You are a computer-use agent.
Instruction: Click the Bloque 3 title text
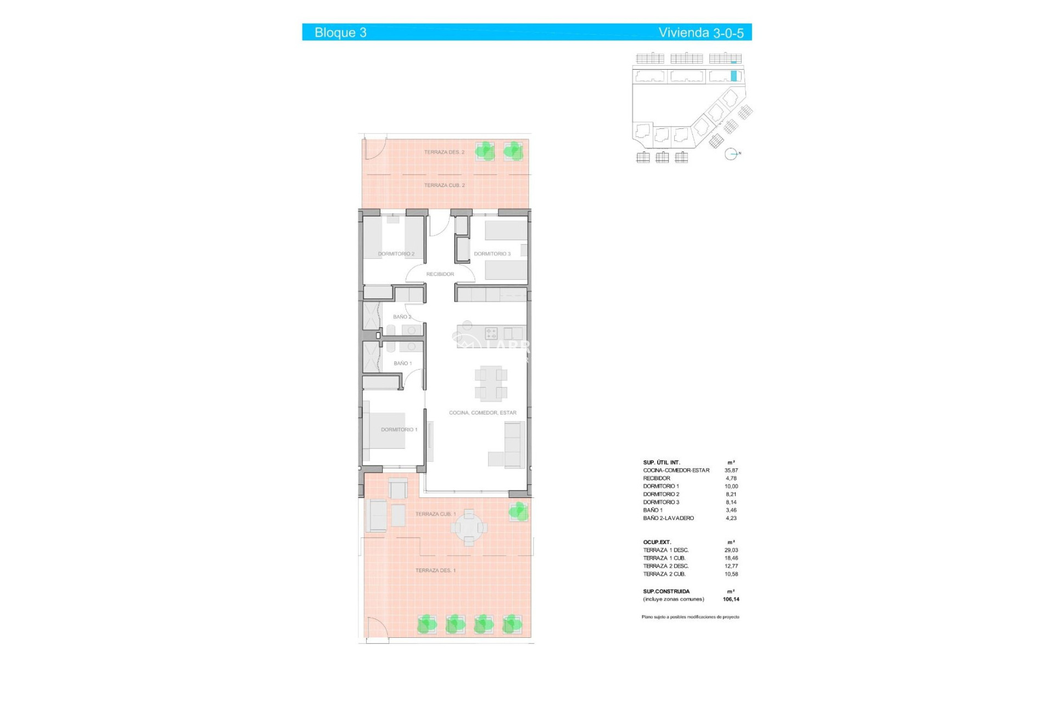coord(340,33)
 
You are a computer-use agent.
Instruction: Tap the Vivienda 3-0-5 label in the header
coord(701,33)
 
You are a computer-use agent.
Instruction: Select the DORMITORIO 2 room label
coord(396,254)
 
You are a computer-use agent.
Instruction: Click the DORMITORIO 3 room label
coord(492,254)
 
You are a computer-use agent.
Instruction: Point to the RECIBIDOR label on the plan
coord(440,274)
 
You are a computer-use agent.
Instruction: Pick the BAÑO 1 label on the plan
coord(402,364)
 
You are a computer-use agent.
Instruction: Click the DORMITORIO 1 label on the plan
coord(399,429)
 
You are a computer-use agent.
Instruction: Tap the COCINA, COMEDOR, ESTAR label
coord(483,413)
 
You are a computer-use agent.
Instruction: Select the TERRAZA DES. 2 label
coord(444,152)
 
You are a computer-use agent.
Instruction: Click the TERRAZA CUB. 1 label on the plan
coord(435,514)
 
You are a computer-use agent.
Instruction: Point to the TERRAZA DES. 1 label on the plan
coord(435,571)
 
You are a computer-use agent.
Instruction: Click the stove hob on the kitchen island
coord(491,333)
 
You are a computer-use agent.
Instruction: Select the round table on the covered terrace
coord(469,528)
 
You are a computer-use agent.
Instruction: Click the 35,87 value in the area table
coord(731,471)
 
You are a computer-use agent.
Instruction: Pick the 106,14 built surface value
coord(731,599)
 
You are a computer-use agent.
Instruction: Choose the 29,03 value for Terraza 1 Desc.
coord(731,550)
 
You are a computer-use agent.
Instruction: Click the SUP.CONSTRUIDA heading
coord(666,592)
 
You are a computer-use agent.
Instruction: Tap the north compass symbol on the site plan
coord(731,154)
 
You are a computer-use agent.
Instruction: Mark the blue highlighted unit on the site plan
coord(734,76)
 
